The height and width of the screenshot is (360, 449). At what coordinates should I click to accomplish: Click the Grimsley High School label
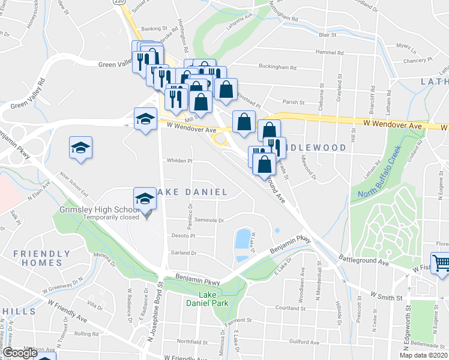coord(100,209)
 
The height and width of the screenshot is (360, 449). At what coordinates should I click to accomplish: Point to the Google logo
coord(20,353)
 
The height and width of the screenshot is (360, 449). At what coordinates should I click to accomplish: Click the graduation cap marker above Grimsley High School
coord(144,199)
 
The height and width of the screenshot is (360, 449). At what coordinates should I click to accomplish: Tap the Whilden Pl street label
coord(179,161)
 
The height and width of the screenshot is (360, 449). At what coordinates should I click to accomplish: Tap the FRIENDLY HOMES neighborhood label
coord(38,258)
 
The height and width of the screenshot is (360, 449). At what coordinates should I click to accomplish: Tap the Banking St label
coord(154,28)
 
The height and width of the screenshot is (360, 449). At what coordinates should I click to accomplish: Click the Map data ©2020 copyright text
coord(418,355)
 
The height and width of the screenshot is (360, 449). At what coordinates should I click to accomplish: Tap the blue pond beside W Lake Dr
coord(243,238)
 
